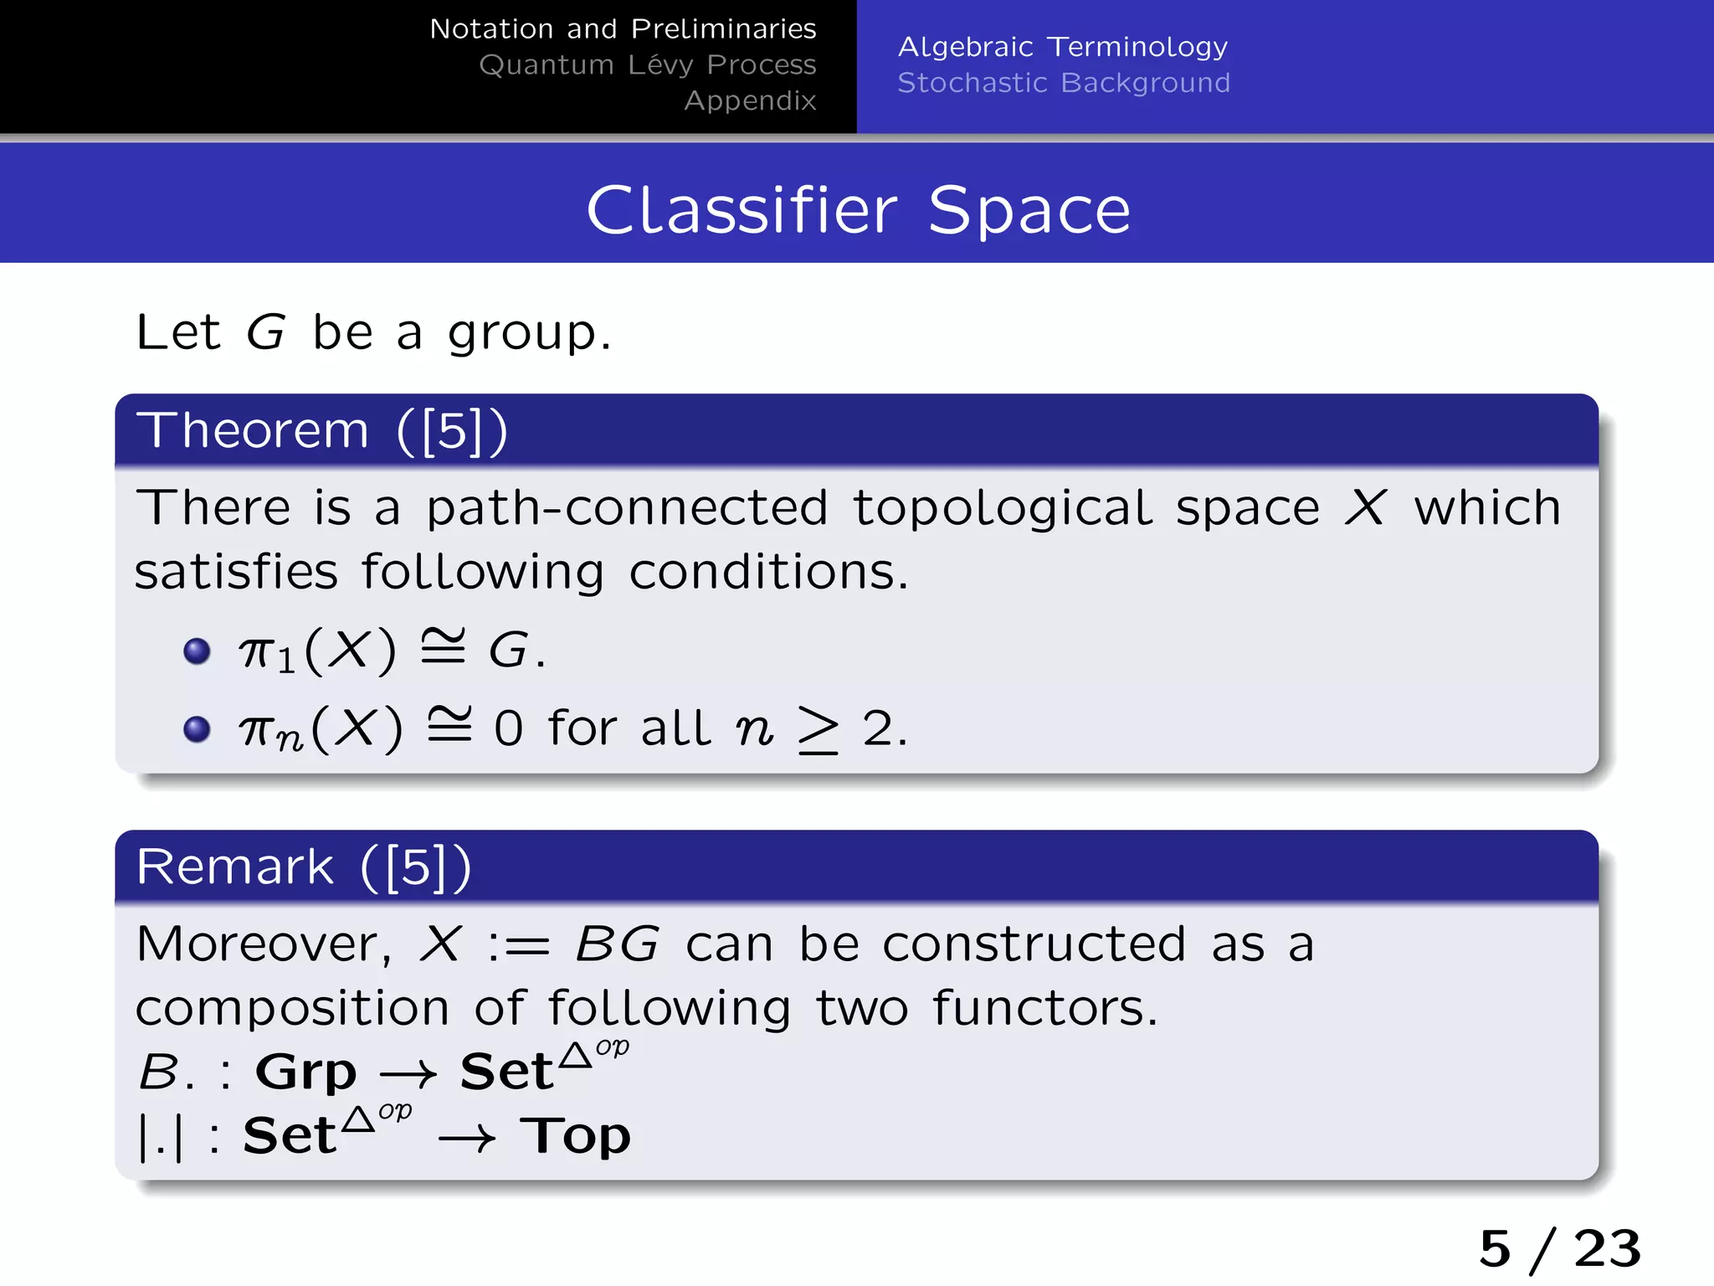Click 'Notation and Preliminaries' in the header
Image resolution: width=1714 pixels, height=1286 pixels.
point(623,29)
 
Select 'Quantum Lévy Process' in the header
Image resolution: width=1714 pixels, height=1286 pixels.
point(647,65)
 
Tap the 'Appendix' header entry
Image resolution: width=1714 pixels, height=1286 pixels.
point(750,101)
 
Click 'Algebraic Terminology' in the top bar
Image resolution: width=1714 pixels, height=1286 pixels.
point(1063,47)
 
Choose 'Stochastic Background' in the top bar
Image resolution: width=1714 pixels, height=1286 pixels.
point(1064,83)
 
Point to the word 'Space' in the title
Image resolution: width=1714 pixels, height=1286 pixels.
point(1029,210)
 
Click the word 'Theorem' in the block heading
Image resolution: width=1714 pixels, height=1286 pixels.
point(253,431)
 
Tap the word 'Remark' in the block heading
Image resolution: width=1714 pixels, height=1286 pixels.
point(235,867)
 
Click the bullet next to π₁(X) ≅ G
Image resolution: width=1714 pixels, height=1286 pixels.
point(197,651)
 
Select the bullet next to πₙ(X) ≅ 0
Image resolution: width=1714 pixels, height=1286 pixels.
point(197,728)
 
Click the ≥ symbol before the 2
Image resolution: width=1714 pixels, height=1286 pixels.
point(818,729)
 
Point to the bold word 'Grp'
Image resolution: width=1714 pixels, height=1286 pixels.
point(306,1072)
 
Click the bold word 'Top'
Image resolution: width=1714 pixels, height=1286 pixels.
point(575,1136)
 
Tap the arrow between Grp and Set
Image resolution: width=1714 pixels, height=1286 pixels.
point(408,1074)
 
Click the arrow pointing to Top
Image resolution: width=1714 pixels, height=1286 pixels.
point(467,1139)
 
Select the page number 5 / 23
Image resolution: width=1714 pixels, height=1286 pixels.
point(1559,1249)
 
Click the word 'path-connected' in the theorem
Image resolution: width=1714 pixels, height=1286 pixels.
point(628,508)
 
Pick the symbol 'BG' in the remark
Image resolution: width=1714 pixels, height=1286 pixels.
point(618,945)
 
